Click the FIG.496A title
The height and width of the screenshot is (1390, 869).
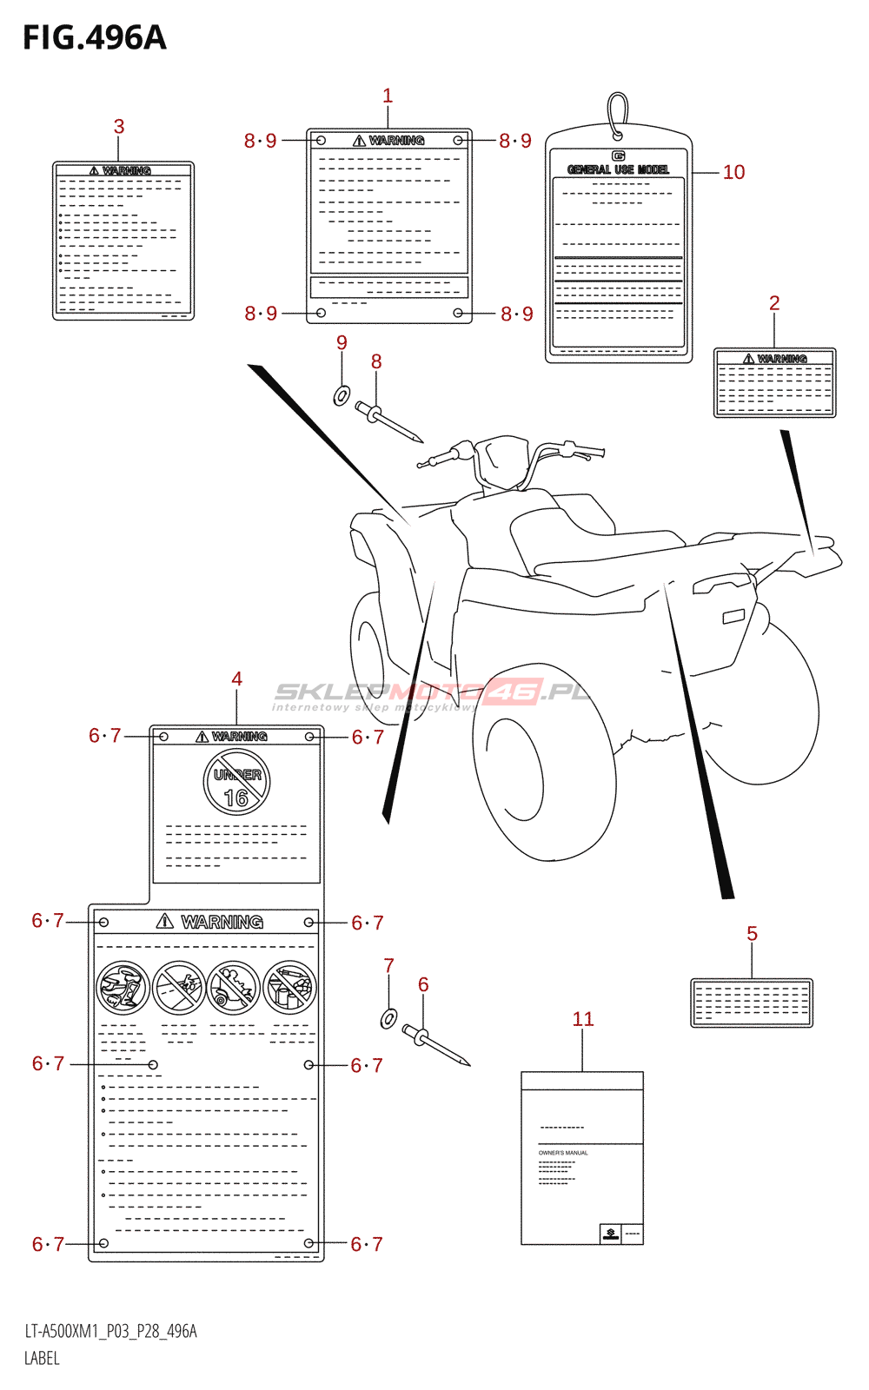[94, 38]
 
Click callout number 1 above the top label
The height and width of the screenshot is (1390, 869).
[388, 96]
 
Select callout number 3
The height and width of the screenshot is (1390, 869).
[119, 127]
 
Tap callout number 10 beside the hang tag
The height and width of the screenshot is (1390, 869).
[733, 172]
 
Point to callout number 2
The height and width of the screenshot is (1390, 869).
[774, 303]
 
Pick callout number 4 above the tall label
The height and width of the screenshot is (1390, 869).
[236, 679]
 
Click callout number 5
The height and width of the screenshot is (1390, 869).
[752, 934]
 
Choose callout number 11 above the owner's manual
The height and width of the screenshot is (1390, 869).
[583, 1019]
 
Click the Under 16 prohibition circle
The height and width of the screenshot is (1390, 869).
[236, 783]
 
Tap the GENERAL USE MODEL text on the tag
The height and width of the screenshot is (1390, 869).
[618, 169]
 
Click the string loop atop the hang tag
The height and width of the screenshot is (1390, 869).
[617, 113]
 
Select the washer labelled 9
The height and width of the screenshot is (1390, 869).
[342, 396]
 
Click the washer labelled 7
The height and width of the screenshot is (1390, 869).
[389, 1017]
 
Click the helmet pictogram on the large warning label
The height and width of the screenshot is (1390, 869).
[123, 988]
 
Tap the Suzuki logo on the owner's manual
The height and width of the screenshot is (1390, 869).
[611, 1234]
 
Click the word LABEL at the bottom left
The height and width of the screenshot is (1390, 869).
[42, 1359]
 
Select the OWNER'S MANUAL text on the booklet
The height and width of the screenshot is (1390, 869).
[563, 1153]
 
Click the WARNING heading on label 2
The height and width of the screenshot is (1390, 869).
[775, 359]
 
